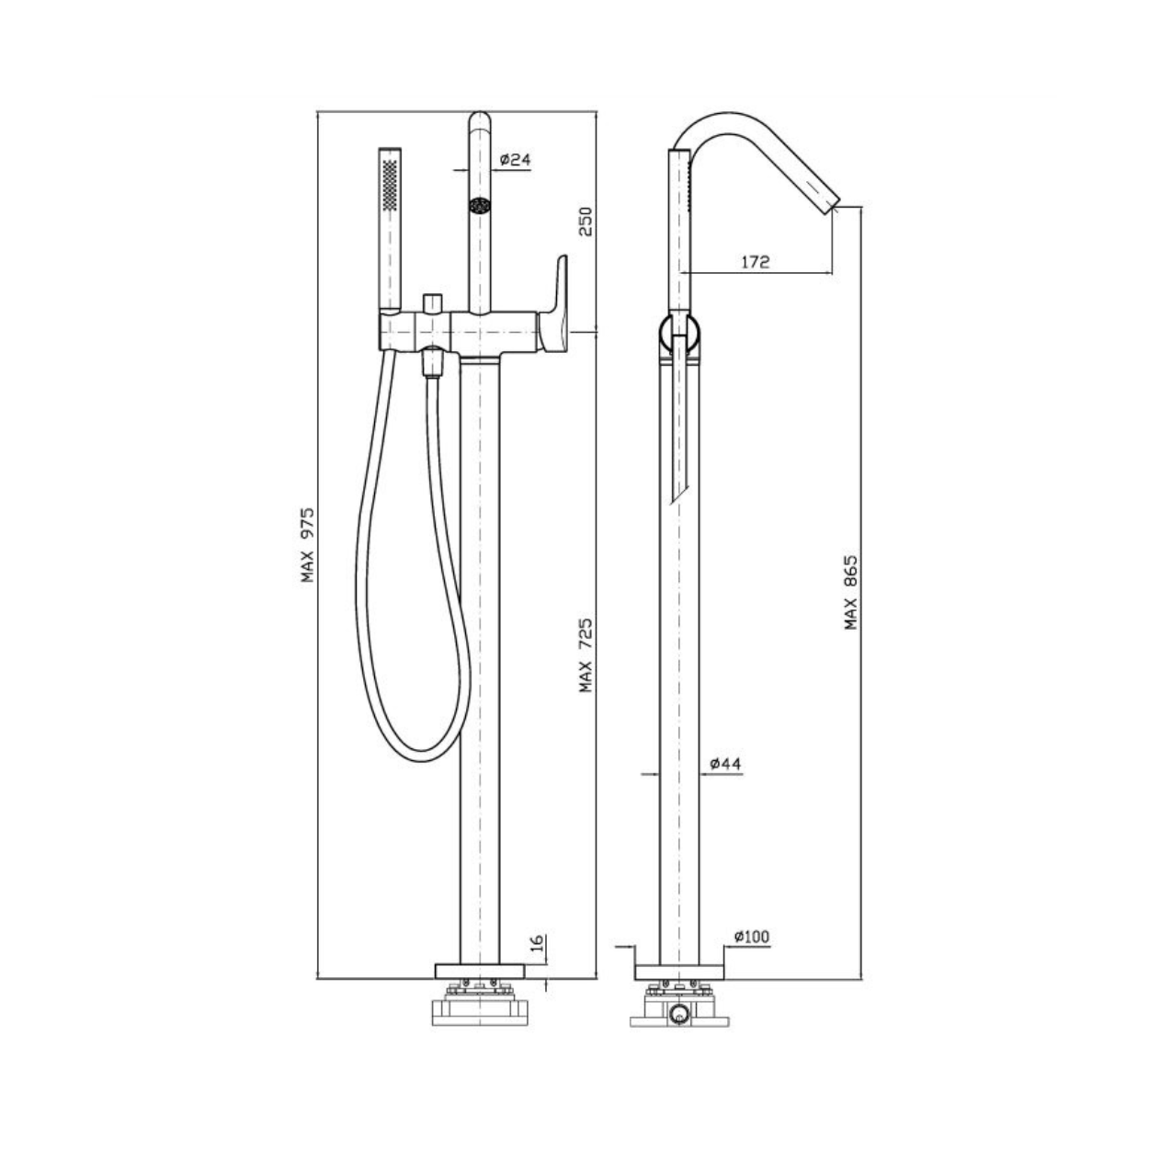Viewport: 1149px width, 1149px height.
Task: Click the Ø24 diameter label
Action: click(515, 159)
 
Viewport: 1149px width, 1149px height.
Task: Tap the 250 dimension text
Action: click(586, 222)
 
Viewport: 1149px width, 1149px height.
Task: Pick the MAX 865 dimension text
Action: click(850, 593)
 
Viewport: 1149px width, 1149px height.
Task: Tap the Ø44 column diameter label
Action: click(726, 764)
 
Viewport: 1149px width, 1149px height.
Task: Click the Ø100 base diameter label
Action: click(752, 937)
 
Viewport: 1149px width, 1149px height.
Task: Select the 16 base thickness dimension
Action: click(537, 943)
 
